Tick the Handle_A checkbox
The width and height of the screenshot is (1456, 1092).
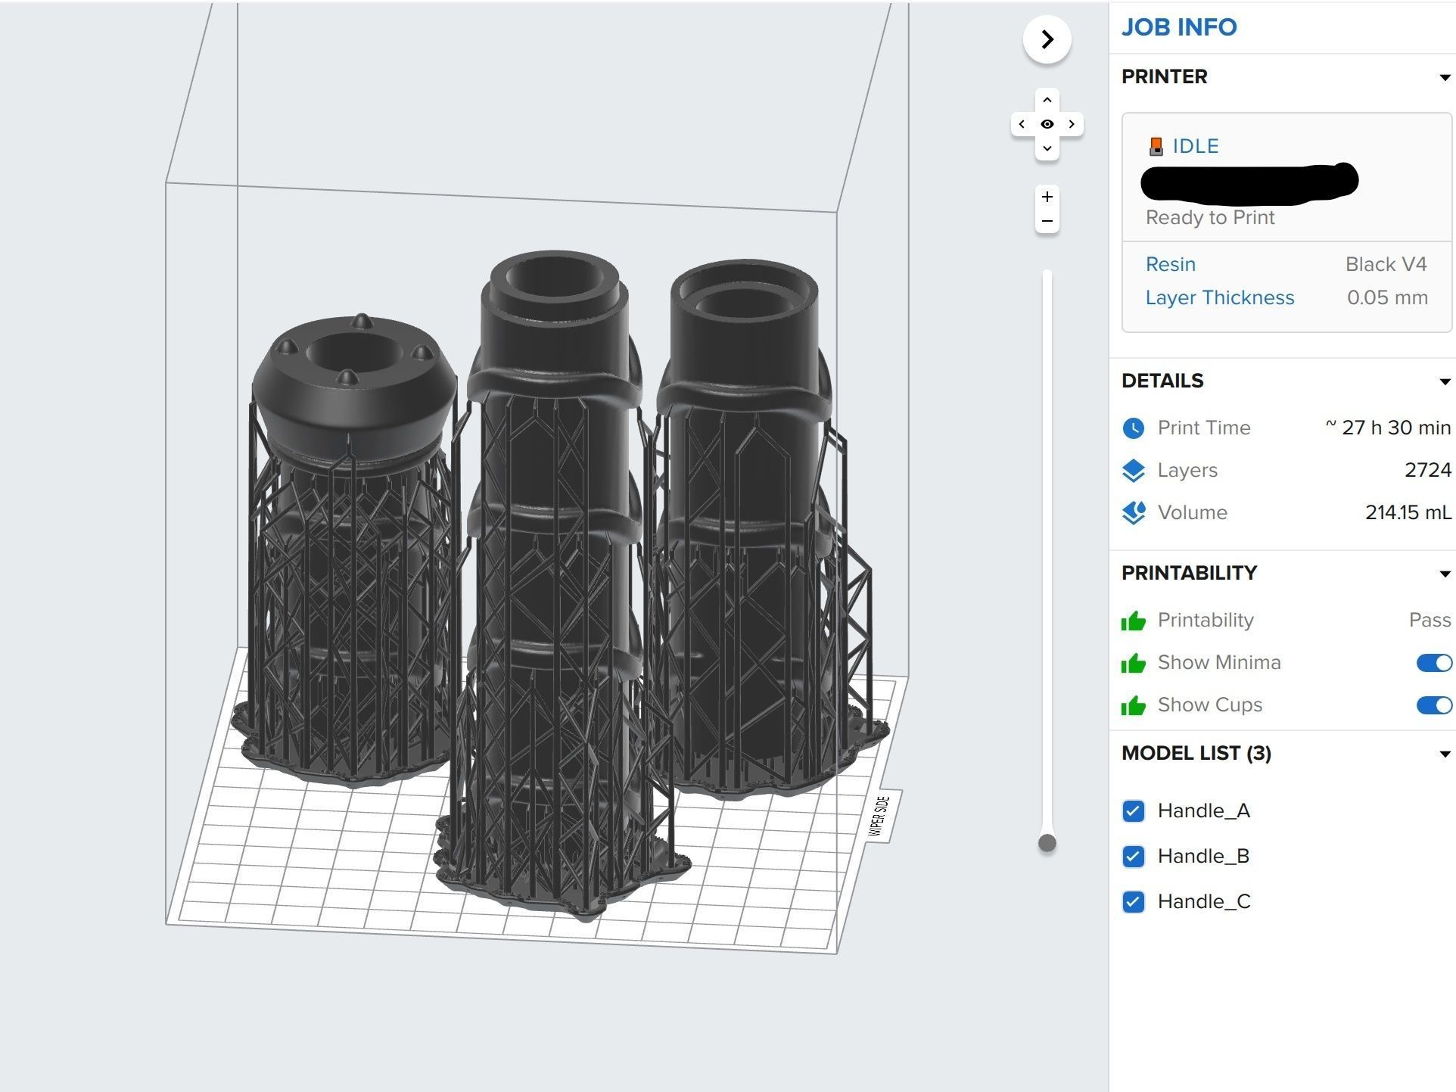(1133, 811)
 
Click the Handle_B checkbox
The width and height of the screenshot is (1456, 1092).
(1133, 857)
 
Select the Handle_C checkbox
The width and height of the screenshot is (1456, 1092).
(1133, 902)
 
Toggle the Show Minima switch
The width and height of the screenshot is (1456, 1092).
(1433, 663)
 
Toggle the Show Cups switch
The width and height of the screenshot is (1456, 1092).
(1433, 705)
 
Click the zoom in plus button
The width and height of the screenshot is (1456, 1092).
(1047, 198)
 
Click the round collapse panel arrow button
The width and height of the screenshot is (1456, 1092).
(1047, 39)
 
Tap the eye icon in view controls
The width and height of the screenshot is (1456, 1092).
(1047, 124)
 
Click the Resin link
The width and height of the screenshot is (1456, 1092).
(1170, 264)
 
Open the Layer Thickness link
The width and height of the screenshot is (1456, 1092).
(1219, 297)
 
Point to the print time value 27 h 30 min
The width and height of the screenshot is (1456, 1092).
(1388, 428)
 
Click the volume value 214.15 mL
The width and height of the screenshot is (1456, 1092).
(1408, 512)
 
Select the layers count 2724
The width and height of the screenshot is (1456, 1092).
(1427, 470)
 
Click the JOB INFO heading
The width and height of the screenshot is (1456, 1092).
(1178, 27)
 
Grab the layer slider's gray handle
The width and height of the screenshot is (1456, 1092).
(1047, 843)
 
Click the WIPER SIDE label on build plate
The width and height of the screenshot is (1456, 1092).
(879, 816)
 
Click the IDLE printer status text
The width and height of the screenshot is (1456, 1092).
(1195, 146)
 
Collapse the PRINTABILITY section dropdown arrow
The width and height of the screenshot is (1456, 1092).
(1444, 574)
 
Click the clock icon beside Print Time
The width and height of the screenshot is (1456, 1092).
(1133, 428)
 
